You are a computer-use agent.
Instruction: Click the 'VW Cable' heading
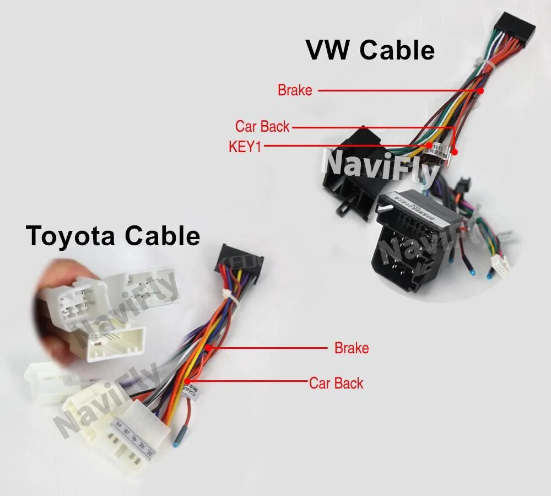coord(370,50)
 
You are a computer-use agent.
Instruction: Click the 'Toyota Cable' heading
coord(113,236)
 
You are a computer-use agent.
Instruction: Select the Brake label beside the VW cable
coord(295,90)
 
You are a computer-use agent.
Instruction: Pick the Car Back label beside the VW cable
coord(262,126)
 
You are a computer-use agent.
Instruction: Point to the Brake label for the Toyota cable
coord(352,348)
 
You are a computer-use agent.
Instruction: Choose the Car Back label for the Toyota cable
coord(336,383)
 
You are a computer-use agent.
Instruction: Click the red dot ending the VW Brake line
coord(480,90)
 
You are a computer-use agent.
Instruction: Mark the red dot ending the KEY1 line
coord(429,146)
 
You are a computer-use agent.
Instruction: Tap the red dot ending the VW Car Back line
coord(456,152)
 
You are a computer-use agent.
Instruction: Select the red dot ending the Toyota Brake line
coord(208,348)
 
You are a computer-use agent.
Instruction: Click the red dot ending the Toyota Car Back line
coord(188,381)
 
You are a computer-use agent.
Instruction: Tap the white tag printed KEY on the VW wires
coord(437,149)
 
